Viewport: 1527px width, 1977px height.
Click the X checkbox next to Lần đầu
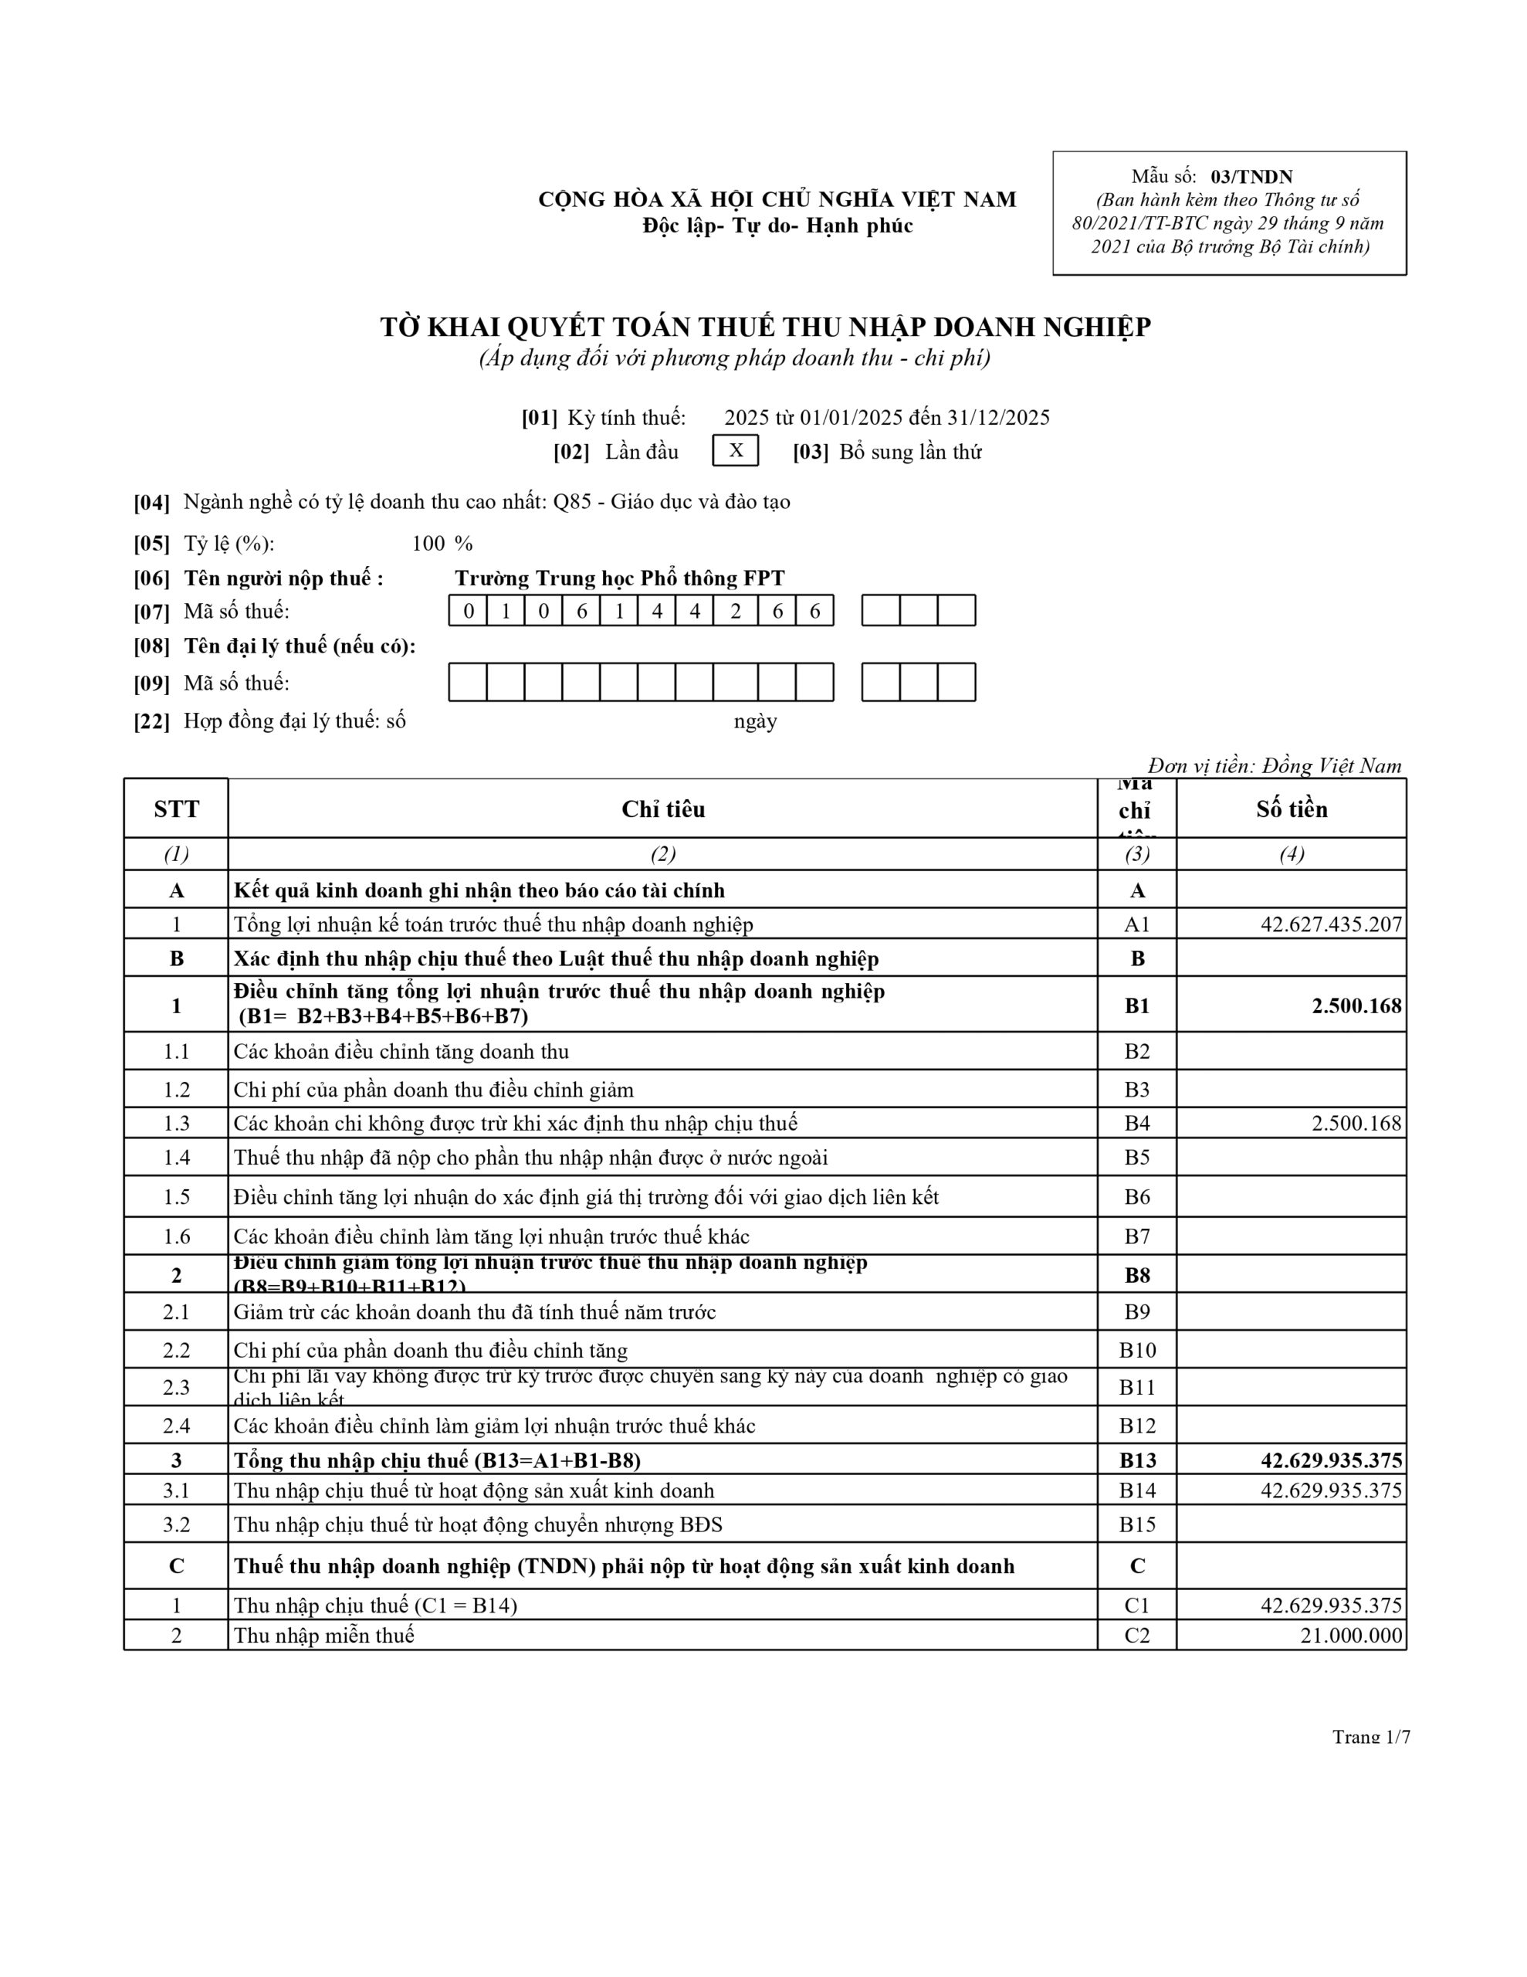coord(735,451)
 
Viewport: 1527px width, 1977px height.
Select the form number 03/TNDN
coord(1251,177)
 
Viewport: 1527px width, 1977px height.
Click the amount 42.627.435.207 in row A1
coord(1331,924)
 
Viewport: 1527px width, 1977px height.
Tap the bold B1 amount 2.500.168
coord(1356,1005)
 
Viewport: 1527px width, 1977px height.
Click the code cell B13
coord(1137,1460)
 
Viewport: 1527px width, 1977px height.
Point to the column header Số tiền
coord(1291,809)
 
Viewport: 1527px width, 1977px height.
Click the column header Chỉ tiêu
coord(662,809)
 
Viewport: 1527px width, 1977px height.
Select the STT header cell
coord(177,809)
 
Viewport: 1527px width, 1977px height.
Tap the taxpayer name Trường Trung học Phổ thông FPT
coord(619,578)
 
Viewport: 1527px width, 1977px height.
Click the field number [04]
coord(152,503)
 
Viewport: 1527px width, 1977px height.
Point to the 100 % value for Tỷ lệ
coord(442,543)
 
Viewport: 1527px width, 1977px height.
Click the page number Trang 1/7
coord(1370,1736)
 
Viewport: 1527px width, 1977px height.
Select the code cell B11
coord(1137,1387)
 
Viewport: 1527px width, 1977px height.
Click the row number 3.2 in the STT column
coord(177,1524)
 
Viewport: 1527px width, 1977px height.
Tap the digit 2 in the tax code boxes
coord(735,612)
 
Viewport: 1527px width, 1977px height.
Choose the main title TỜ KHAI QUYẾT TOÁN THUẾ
coord(765,327)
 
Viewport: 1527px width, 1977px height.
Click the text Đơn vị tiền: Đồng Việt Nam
coord(1275,766)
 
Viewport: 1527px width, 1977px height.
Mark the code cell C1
coord(1137,1605)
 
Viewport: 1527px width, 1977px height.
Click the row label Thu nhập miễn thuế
coord(324,1636)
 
